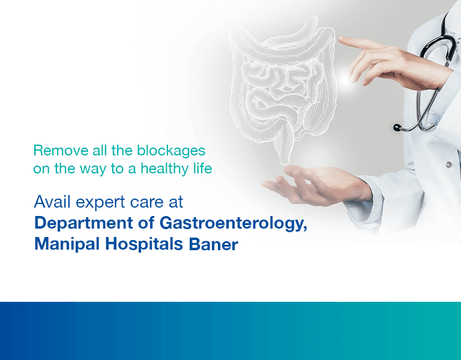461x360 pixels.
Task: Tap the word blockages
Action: pyautogui.click(x=171, y=151)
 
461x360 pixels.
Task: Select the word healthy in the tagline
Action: pyautogui.click(x=165, y=169)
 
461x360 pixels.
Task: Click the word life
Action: pyautogui.click(x=202, y=169)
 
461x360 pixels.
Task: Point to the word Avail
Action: pyautogui.click(x=52, y=202)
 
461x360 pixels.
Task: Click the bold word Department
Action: pyautogui.click(x=84, y=223)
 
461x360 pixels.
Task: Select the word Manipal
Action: pyautogui.click(x=67, y=245)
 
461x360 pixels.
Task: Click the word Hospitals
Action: pyautogui.click(x=144, y=245)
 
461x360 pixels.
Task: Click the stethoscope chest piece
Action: pyautogui.click(x=397, y=127)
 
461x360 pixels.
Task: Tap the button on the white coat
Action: pyautogui.click(x=448, y=164)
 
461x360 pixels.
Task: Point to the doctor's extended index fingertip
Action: pyautogui.click(x=341, y=40)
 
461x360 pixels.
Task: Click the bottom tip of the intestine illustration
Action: pyautogui.click(x=284, y=163)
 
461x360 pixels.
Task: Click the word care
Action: pyautogui.click(x=146, y=202)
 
